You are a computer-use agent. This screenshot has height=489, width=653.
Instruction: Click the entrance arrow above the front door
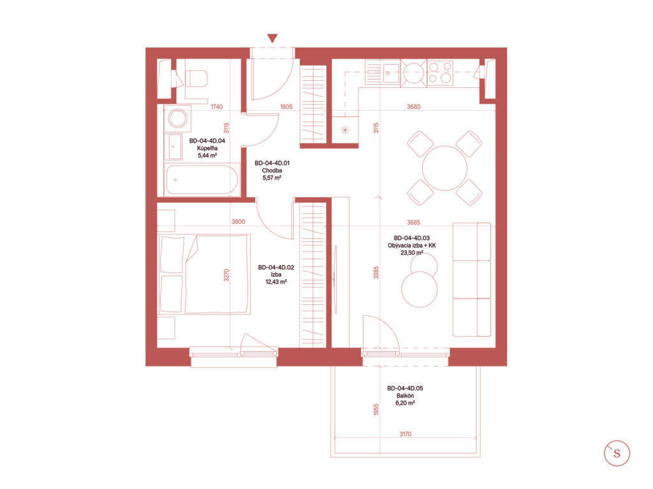tap(272, 38)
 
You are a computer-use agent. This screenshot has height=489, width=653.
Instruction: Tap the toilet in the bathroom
tap(196, 78)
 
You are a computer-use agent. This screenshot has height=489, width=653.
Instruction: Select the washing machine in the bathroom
tap(178, 118)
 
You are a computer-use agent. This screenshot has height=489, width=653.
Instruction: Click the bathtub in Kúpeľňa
tap(202, 180)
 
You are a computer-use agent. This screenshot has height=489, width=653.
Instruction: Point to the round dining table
tap(444, 168)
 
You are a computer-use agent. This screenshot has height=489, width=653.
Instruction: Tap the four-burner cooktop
tap(440, 73)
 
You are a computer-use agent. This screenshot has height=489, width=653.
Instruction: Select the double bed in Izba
tap(205, 274)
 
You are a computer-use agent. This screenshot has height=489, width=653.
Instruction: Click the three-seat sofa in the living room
tap(471, 280)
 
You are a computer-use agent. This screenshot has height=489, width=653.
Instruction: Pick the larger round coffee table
tap(420, 290)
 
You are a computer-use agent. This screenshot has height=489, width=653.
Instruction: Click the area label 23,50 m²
tap(411, 253)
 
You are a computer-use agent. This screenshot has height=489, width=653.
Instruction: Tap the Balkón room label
tap(405, 395)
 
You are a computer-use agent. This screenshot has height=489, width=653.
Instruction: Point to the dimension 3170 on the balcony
tap(405, 434)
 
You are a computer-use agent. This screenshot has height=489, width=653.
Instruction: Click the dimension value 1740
tap(217, 107)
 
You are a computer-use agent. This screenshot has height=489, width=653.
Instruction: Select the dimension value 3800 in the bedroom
tap(238, 222)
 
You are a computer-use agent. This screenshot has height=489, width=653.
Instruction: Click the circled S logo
tap(617, 453)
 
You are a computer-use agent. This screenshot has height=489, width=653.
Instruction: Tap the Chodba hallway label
tap(272, 171)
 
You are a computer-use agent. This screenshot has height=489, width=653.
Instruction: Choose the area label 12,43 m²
tap(276, 282)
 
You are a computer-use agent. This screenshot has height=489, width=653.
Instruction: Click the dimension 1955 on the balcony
tap(376, 409)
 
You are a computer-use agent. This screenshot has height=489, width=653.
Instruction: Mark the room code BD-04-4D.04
tap(207, 141)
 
